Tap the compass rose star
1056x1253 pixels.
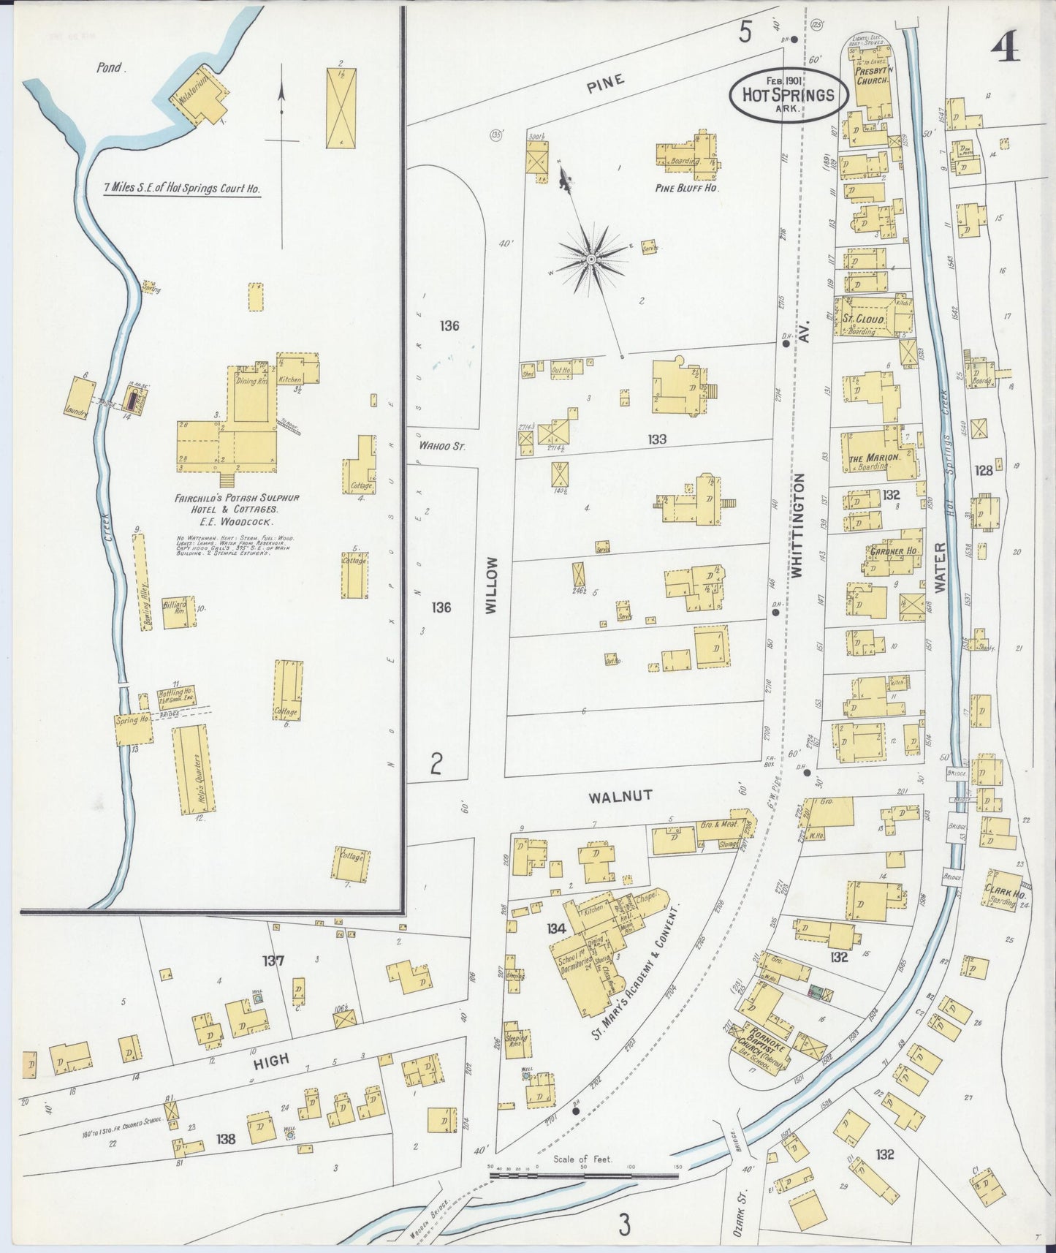tap(590, 260)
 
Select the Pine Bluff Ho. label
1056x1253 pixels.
tap(687, 188)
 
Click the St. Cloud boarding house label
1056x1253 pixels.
tap(864, 320)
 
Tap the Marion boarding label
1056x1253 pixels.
tap(873, 458)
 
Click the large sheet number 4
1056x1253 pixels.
tap(1005, 50)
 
